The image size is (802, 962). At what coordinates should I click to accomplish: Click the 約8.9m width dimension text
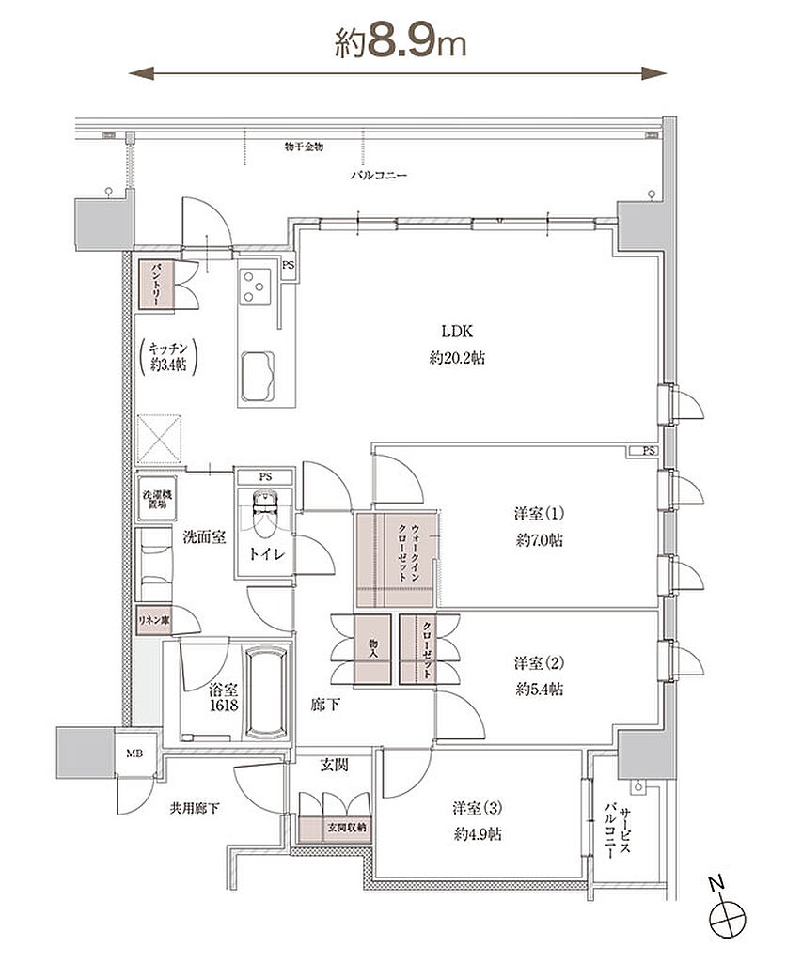click(x=401, y=42)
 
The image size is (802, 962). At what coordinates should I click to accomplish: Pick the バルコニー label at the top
click(x=379, y=175)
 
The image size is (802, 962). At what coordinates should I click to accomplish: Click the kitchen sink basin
click(x=256, y=378)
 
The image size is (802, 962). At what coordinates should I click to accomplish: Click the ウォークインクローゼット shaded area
click(x=397, y=561)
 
